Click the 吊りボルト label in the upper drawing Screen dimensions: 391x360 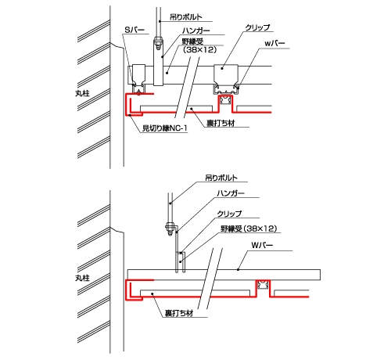tap(186, 17)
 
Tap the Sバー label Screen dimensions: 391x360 tap(135, 30)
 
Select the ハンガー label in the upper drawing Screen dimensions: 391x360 tap(195, 31)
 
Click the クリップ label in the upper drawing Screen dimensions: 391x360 tap(257, 27)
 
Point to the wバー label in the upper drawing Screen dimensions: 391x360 tap(274, 44)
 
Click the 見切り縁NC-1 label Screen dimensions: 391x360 tap(165, 128)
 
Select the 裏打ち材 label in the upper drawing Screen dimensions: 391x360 tap(221, 123)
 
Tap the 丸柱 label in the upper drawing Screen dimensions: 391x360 tap(82, 93)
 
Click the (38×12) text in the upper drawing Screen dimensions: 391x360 tap(200, 49)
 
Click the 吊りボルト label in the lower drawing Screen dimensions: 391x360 tap(221, 178)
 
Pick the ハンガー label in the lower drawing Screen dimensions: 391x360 tap(231, 193)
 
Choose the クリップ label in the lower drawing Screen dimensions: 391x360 tap(229, 214)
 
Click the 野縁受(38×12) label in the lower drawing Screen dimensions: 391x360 tap(249, 229)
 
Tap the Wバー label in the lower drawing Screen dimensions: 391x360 tap(262, 246)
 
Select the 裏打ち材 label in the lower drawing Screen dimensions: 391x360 tap(179, 313)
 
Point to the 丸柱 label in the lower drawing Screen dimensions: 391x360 tap(82, 278)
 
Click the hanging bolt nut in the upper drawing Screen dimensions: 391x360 tap(158, 41)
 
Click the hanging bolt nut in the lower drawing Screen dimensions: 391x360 tap(170, 227)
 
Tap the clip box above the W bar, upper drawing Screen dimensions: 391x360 tap(226, 74)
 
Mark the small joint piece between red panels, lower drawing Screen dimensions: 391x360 tap(263, 284)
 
